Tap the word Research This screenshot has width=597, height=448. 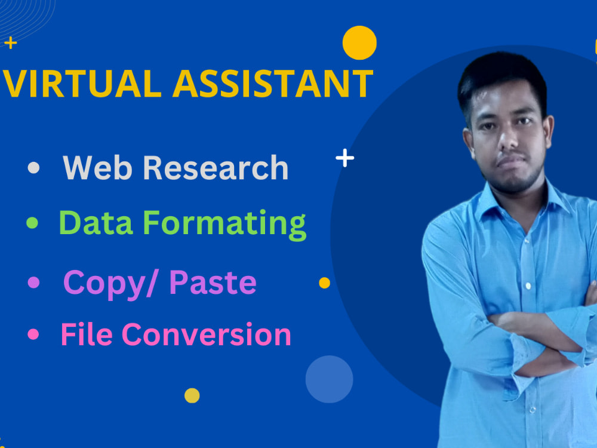tap(216, 168)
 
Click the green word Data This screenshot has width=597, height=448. tap(96, 223)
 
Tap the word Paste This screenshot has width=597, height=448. tap(213, 282)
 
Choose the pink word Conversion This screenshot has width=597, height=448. tap(207, 335)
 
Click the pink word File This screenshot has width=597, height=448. tap(87, 335)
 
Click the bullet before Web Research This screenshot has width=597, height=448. tap(33, 168)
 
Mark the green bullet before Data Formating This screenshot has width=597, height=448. tap(32, 223)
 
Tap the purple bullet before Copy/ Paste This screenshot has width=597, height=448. tap(33, 281)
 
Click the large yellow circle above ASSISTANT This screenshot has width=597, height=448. tap(359, 43)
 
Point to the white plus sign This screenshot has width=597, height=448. tap(344, 158)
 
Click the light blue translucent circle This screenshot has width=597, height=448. tap(329, 379)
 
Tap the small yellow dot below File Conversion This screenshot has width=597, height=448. tap(192, 395)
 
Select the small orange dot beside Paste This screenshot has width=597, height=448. tap(324, 283)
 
